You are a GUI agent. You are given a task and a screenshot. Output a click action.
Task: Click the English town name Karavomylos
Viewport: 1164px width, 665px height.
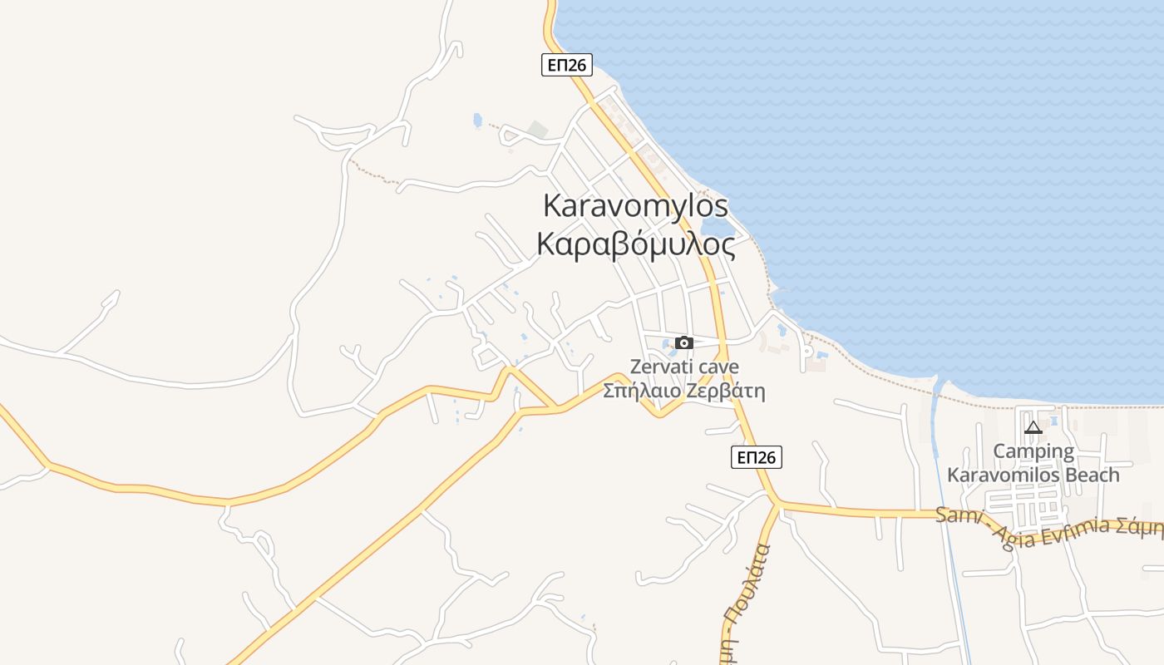click(635, 205)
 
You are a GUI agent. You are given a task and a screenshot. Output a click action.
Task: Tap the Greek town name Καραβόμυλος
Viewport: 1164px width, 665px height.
click(635, 245)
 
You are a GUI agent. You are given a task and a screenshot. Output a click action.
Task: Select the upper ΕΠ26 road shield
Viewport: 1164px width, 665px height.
click(566, 65)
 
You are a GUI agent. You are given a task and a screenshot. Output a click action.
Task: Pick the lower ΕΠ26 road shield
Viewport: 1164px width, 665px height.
click(757, 456)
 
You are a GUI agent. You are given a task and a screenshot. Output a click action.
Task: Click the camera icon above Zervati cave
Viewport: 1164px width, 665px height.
click(684, 342)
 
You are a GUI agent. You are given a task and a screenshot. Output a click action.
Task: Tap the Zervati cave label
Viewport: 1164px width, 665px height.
click(684, 367)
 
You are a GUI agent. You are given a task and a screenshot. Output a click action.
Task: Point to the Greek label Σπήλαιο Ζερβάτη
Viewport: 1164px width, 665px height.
click(684, 391)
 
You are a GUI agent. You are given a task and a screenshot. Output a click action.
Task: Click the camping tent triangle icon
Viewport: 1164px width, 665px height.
click(1033, 427)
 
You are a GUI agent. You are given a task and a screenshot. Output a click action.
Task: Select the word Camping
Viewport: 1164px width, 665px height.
click(1033, 452)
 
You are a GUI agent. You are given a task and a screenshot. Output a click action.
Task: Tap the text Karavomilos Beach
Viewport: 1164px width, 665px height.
click(1033, 475)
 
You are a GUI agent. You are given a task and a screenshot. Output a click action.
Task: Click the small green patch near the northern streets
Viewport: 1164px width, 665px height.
click(538, 130)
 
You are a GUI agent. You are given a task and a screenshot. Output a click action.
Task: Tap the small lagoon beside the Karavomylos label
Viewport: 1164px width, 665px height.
click(717, 226)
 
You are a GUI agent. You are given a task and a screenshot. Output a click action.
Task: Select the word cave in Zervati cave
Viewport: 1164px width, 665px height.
click(718, 367)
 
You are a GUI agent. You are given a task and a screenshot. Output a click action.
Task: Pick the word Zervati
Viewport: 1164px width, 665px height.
click(661, 367)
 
